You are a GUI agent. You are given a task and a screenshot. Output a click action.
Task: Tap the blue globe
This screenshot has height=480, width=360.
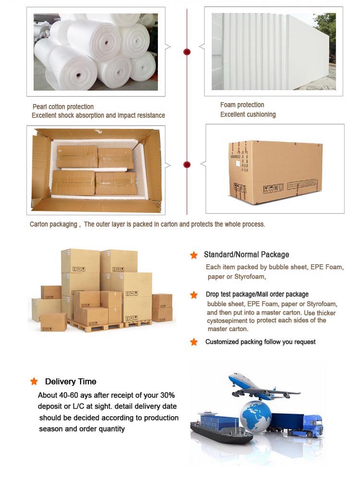[x=255, y=417]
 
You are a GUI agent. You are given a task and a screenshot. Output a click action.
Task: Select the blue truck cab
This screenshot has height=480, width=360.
[x=312, y=424]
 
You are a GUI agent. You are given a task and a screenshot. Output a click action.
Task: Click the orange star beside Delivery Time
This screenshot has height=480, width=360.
[x=34, y=381]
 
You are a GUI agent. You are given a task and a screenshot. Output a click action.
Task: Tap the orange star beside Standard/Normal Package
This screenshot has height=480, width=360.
[x=193, y=255]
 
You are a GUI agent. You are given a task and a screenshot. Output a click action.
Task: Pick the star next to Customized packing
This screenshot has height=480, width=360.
[x=193, y=342]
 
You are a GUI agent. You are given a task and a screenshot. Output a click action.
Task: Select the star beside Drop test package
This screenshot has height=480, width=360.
[x=193, y=295]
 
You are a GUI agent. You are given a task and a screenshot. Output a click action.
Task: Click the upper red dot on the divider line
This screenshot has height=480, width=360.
[x=187, y=52]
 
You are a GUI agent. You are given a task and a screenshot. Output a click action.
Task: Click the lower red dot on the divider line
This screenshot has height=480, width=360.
[x=187, y=164]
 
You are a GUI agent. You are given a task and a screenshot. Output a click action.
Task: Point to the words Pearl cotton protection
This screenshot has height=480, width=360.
[x=63, y=107]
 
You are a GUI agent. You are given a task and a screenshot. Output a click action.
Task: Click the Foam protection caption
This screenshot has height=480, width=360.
[x=242, y=105]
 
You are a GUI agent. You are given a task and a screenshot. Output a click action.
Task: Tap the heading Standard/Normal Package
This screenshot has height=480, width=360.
[x=246, y=255]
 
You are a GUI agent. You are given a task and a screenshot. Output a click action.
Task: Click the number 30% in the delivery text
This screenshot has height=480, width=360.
[x=168, y=395]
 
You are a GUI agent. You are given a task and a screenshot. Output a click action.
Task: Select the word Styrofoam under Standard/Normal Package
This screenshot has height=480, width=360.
[x=250, y=277]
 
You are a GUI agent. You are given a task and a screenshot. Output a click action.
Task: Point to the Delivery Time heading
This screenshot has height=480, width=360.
[x=71, y=381]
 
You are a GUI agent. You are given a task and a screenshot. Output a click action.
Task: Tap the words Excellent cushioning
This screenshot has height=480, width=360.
[x=248, y=115]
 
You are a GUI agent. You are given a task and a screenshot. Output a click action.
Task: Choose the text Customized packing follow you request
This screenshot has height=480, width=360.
[x=260, y=342]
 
